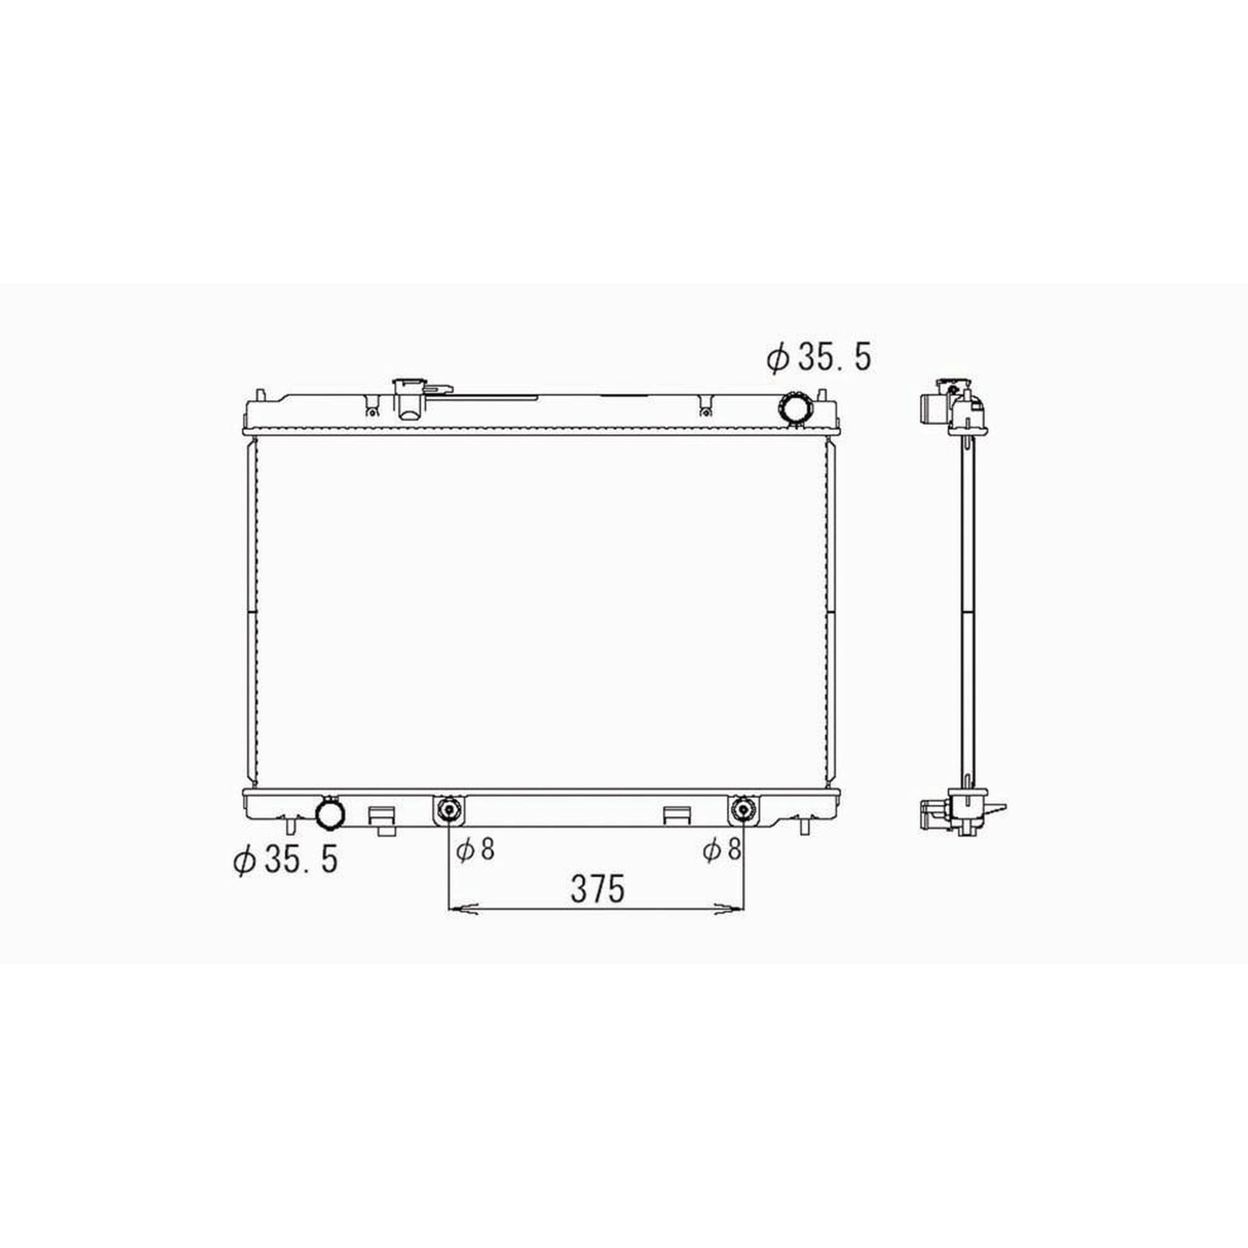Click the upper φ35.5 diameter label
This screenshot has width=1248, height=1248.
pyautogui.click(x=819, y=358)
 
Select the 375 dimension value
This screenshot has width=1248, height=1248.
pyautogui.click(x=598, y=889)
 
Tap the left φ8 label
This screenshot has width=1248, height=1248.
pyautogui.click(x=475, y=849)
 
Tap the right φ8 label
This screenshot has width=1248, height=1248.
pyautogui.click(x=721, y=849)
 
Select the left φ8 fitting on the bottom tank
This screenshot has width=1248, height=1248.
pyautogui.click(x=447, y=809)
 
